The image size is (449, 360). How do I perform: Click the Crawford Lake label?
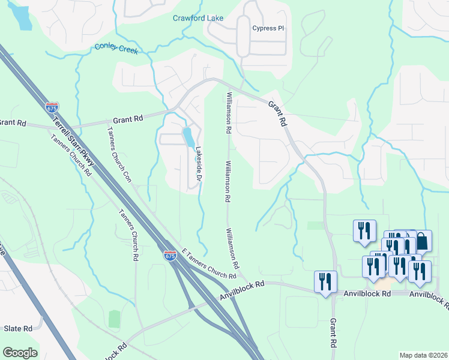[198, 18]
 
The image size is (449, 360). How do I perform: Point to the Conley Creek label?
[116, 49]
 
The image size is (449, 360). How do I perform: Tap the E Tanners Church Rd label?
[208, 264]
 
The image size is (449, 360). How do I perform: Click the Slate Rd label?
[18, 328]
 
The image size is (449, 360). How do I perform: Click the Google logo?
[20, 352]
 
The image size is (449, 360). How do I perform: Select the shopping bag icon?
[422, 241]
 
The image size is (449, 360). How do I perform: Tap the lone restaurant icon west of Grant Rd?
[326, 281]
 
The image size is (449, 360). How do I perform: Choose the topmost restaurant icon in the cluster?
[364, 230]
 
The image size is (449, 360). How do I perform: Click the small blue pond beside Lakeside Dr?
[188, 137]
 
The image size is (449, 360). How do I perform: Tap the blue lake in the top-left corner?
[22, 17]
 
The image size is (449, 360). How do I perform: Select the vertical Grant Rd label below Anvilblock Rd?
[333, 333]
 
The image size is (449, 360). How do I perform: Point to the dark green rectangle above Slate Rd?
[114, 319]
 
